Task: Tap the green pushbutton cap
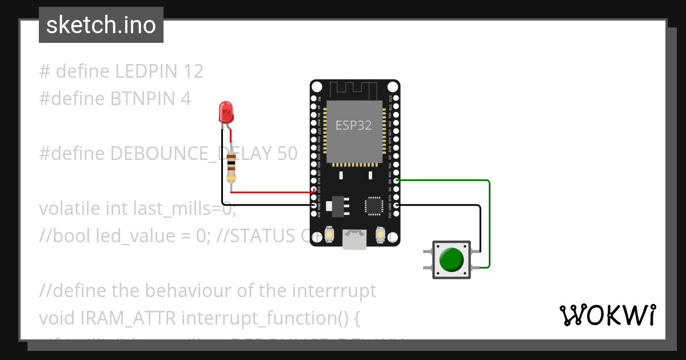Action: point(452,259)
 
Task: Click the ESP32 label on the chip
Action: point(353,126)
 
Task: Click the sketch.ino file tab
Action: point(101,25)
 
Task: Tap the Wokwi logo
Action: point(607,315)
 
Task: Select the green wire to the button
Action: point(489,223)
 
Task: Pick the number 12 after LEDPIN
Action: point(194,71)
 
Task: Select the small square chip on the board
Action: point(373,206)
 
